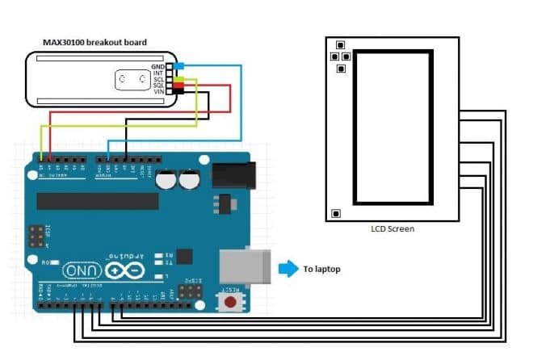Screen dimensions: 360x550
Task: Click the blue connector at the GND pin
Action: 178,65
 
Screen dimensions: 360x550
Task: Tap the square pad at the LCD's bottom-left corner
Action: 336,213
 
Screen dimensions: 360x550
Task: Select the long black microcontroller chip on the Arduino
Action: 97,201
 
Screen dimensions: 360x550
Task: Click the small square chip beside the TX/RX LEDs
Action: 184,256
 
